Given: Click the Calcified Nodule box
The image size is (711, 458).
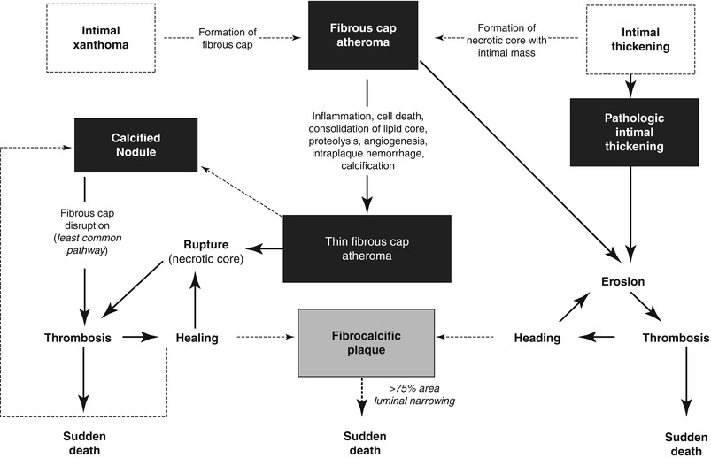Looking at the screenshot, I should [135, 145].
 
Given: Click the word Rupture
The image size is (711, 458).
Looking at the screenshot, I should [207, 243].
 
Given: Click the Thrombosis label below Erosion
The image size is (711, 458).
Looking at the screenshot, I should [676, 338].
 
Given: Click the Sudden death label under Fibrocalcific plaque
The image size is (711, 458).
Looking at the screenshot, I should [365, 442].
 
